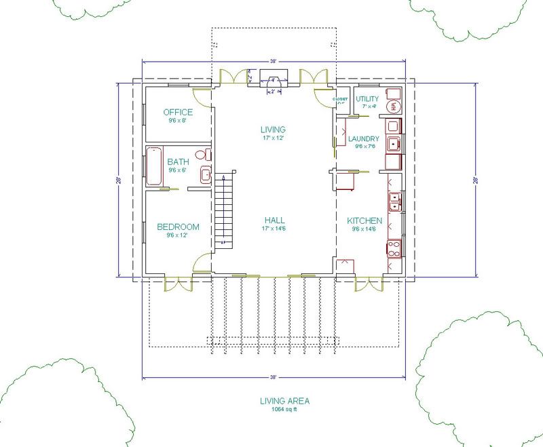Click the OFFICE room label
pos(178,112)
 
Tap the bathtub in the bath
pos(153,166)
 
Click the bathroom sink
pos(205,176)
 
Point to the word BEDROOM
pos(177,227)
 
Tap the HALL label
pos(274,220)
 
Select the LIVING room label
pos(274,129)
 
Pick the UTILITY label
pos(368,99)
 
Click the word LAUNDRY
pos(363,140)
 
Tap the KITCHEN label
pos(364,221)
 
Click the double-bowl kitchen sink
pos(394,202)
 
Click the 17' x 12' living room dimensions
pos(274,137)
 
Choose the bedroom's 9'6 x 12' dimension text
pos(177,235)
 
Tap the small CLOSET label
pos(340,99)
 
